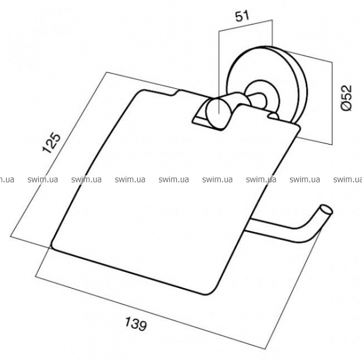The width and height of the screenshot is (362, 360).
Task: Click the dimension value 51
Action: tap(242, 16)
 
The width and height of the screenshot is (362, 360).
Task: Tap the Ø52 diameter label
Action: tap(346, 98)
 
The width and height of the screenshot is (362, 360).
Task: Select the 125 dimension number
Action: tap(52, 143)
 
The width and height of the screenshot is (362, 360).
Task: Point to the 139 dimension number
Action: tap(135, 323)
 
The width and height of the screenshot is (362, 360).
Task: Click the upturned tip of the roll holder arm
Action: tap(326, 210)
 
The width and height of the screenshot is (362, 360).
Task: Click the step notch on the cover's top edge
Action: tap(177, 92)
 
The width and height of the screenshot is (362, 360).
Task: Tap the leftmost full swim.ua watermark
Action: tap(43, 179)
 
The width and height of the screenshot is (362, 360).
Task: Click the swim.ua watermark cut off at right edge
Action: tap(348, 179)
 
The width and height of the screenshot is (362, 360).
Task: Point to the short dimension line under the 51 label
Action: tap(245, 25)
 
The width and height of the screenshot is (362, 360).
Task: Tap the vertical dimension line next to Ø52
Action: tap(332, 103)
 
